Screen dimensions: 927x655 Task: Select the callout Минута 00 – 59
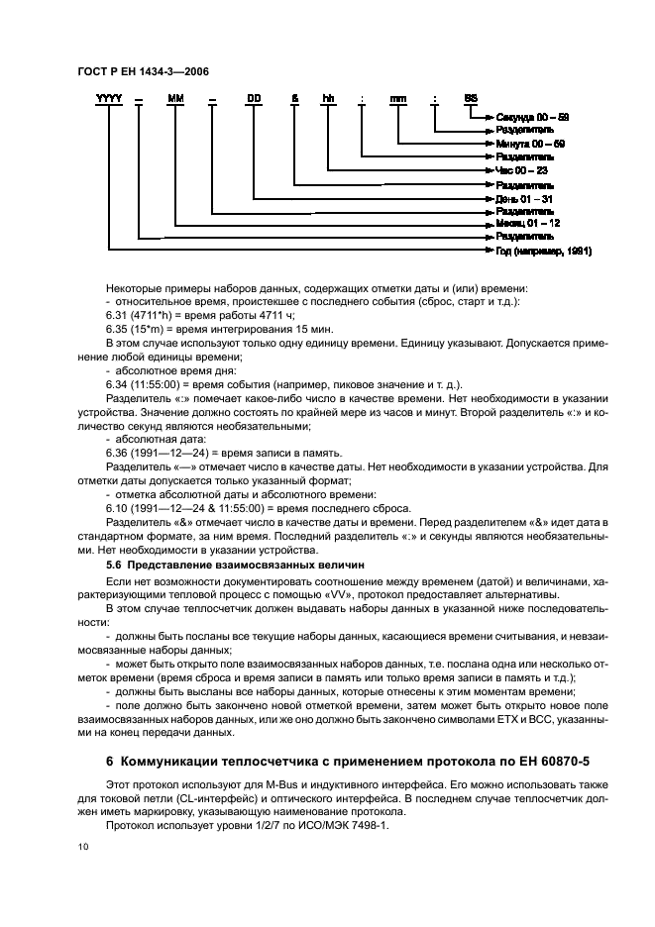tap(530, 144)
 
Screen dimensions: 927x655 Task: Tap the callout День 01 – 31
tap(525, 198)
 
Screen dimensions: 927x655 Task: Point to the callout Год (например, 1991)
tap(543, 252)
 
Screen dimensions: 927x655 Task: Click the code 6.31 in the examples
tap(117, 315)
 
